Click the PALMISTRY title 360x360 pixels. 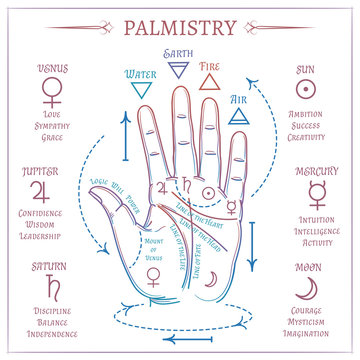point(180,26)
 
